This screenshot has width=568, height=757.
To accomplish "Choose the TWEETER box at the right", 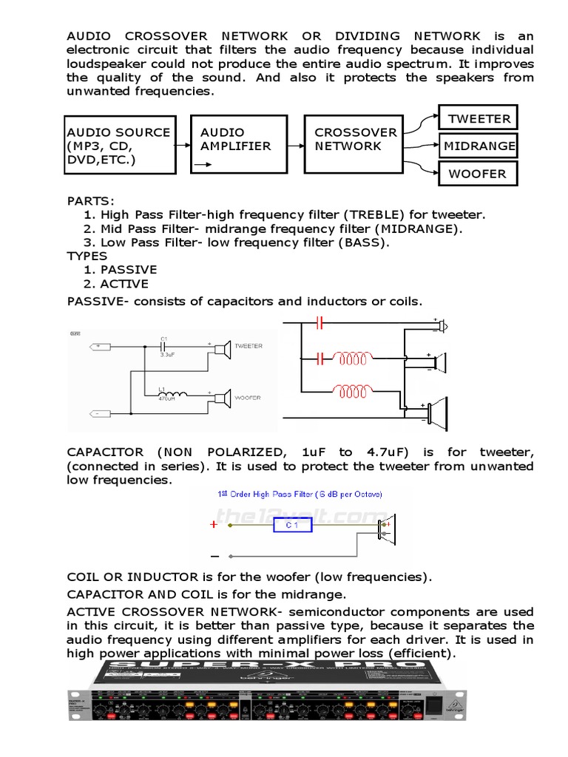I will (x=479, y=118).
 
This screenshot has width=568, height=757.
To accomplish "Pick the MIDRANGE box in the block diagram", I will (x=479, y=146).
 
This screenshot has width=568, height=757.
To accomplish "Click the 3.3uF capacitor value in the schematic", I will (x=168, y=354).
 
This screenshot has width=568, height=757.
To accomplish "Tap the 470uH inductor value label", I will (x=168, y=398).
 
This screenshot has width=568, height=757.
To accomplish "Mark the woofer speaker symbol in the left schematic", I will (x=221, y=398).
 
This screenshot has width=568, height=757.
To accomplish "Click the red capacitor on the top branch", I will (x=319, y=323).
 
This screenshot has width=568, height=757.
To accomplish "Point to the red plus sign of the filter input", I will (x=214, y=525).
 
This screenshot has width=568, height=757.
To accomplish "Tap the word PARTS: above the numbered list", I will (x=91, y=200).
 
